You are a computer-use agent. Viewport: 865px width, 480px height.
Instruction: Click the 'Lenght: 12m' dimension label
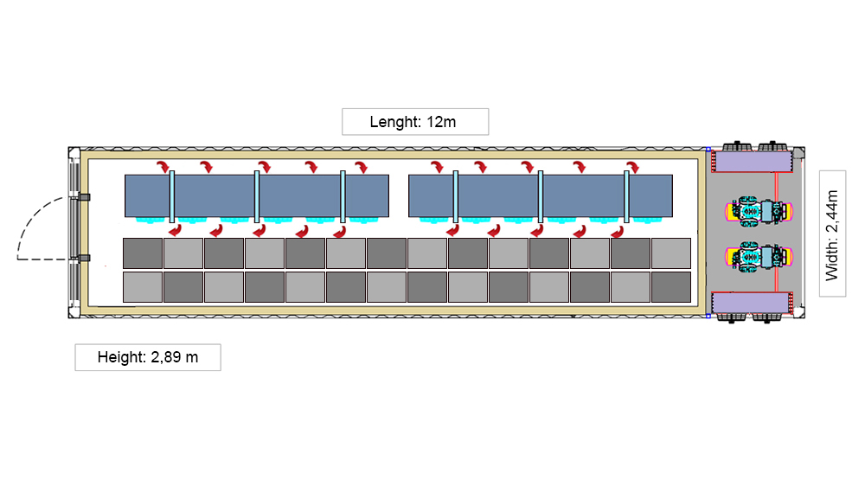pyautogui.click(x=415, y=122)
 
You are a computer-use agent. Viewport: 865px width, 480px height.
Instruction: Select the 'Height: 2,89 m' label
pyautogui.click(x=147, y=357)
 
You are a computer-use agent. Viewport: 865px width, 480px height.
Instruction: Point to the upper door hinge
pyautogui.click(x=84, y=198)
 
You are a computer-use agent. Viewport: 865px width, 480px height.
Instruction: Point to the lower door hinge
pyautogui.click(x=84, y=258)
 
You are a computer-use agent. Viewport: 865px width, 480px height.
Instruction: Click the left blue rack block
pyautogui.click(x=256, y=195)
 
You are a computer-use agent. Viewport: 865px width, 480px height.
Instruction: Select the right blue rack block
pyautogui.click(x=540, y=195)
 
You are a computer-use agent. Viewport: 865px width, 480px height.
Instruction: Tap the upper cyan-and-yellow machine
pyautogui.click(x=758, y=210)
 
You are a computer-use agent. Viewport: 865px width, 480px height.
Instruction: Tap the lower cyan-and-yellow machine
pyautogui.click(x=758, y=255)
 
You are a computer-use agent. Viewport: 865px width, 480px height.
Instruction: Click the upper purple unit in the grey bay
pyautogui.click(x=750, y=161)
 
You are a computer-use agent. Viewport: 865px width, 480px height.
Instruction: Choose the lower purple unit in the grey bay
pyautogui.click(x=750, y=304)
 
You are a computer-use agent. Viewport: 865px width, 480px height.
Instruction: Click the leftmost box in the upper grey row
pyautogui.click(x=143, y=253)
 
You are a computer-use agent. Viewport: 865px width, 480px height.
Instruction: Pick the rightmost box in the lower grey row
pyautogui.click(x=670, y=287)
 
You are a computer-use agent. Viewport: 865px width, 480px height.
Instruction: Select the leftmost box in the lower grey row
pyautogui.click(x=143, y=287)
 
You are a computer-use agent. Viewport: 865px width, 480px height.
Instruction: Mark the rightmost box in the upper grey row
pyautogui.click(x=670, y=253)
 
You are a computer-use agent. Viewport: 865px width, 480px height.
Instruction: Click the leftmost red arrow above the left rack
pyautogui.click(x=163, y=166)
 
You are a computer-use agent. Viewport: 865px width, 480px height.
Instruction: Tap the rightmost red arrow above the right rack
pyautogui.click(x=632, y=166)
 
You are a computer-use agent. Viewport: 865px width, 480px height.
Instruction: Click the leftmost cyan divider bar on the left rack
pyautogui.click(x=173, y=196)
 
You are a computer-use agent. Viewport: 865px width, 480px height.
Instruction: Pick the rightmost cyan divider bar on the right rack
pyautogui.click(x=626, y=196)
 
